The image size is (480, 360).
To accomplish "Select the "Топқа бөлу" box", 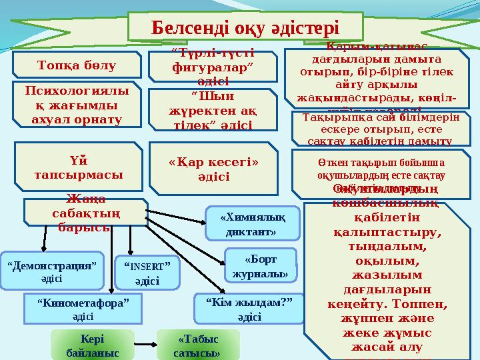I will pos(77,65).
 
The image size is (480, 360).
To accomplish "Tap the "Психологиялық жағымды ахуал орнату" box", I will pos(77,104).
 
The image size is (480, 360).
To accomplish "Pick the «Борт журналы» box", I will pos(260,265).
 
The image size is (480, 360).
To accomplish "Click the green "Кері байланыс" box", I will pos(91,344).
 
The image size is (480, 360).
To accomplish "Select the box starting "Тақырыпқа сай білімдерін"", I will pos(381,129).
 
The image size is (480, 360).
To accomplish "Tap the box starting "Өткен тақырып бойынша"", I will pos(381,168).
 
